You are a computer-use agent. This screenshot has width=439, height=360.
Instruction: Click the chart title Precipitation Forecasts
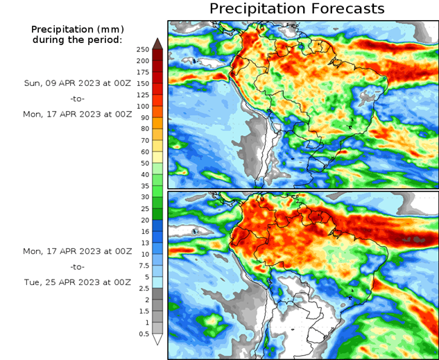[297, 9]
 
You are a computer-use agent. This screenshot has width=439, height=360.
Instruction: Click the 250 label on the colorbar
[143, 49]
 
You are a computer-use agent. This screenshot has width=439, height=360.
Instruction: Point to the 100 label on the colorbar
[143, 106]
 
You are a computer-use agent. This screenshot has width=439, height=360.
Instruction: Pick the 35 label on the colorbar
[143, 186]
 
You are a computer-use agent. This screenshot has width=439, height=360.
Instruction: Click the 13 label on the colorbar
[143, 243]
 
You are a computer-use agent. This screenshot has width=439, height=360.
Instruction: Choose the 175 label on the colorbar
[143, 72]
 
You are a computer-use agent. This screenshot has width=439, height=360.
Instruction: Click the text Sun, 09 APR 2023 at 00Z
[77, 83]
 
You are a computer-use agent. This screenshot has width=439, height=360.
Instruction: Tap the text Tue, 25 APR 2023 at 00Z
[77, 282]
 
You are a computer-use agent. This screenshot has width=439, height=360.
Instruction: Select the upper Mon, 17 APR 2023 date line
[77, 113]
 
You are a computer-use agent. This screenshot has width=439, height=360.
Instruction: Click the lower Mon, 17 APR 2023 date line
[77, 251]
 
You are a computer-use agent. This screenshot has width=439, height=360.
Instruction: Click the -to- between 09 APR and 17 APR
[77, 98]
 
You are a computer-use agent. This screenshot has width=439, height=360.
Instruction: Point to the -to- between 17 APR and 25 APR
[77, 266]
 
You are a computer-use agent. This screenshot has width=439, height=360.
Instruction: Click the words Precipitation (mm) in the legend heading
[77, 29]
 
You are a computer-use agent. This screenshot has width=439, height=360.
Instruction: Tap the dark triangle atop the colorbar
[157, 43]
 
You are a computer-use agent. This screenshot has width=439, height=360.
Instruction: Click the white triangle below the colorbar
[157, 339]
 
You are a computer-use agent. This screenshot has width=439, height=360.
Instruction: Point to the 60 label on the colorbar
[143, 152]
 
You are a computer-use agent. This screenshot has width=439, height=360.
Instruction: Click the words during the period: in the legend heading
[77, 40]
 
